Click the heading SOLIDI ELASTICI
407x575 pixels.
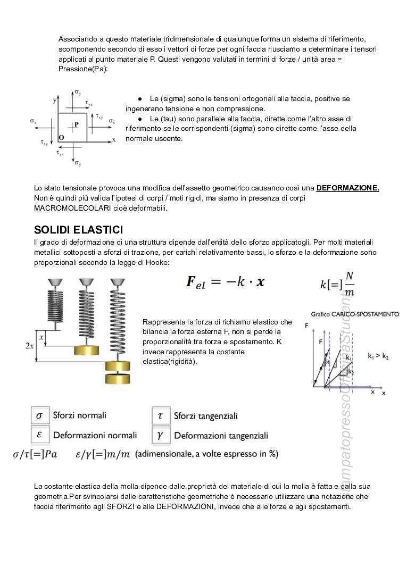point(78,230)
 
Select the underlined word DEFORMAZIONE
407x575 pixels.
point(347,188)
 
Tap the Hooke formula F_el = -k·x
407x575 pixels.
point(225,282)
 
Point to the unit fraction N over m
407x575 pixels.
point(349,284)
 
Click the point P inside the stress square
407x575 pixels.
point(76,124)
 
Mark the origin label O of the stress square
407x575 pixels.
point(61,137)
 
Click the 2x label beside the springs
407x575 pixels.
point(30,346)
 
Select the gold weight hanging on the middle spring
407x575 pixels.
point(86,351)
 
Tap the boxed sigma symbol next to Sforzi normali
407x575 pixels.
point(39,415)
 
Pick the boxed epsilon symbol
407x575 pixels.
point(39,435)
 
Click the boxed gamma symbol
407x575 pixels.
point(161,435)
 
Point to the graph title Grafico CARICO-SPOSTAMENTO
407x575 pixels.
point(355,314)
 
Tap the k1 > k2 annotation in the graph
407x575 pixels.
point(378,356)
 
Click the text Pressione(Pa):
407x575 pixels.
point(83,69)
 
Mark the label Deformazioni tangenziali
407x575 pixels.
point(221,436)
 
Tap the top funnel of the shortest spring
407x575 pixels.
point(55,282)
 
